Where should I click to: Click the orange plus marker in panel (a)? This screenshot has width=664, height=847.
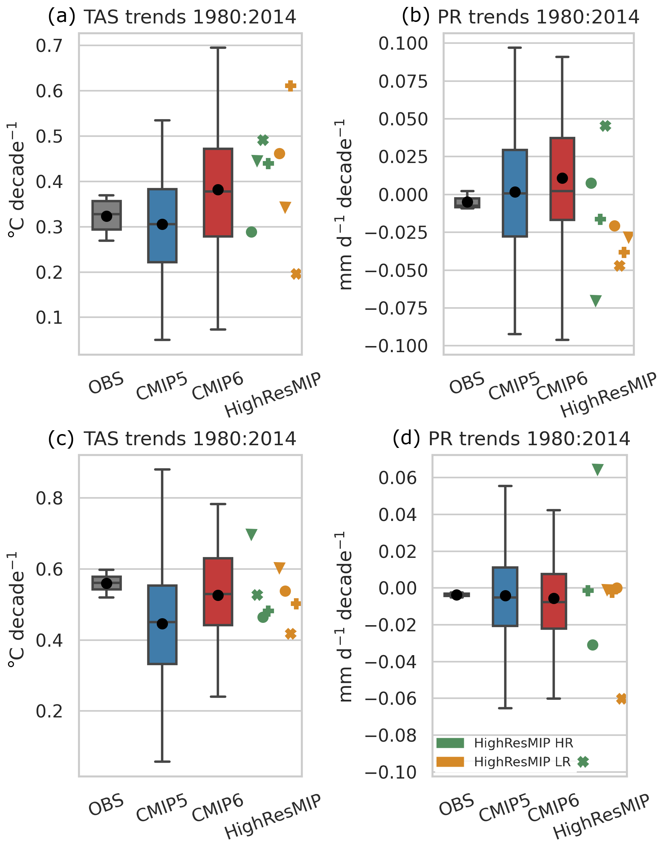pos(291,86)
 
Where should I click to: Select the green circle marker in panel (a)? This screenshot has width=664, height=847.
pos(252,232)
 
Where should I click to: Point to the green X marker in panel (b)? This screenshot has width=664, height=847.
pos(605,126)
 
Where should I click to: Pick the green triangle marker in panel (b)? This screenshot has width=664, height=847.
pos(596,300)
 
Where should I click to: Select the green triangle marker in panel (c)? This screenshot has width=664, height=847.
pos(252,534)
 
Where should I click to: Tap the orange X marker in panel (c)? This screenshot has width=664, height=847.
pos(290,634)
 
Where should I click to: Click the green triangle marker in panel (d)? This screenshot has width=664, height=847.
pos(598,469)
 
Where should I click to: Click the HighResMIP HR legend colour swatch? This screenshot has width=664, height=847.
pos(450,743)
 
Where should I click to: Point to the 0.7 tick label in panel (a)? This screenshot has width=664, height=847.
pos(49,46)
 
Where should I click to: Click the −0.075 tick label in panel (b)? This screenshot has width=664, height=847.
pos(397,308)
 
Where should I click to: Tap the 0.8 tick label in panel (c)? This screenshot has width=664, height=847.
pos(49,498)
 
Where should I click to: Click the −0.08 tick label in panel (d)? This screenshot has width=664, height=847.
pos(391,736)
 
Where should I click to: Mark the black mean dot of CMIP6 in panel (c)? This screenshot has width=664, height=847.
pos(218,596)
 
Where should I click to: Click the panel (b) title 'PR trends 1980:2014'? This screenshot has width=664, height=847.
pos(538,17)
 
